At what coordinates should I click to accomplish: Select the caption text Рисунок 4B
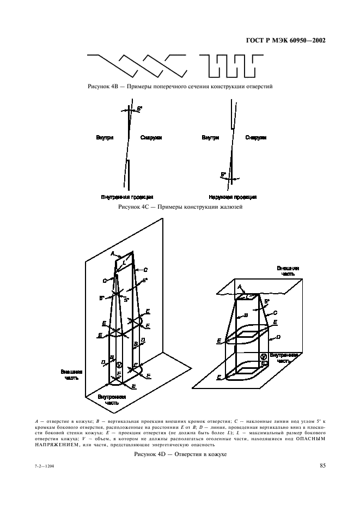pyautogui.click(x=180, y=87)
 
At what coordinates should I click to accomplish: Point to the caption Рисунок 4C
pyautogui.click(x=180, y=208)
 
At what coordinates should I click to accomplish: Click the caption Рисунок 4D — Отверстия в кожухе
pyautogui.click(x=180, y=454)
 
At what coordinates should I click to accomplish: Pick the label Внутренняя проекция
pyautogui.click(x=127, y=197)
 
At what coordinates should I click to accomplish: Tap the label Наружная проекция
pyautogui.click(x=233, y=197)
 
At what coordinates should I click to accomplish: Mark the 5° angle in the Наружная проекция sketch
pyautogui.click(x=223, y=175)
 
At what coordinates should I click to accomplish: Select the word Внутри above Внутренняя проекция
pyautogui.click(x=105, y=138)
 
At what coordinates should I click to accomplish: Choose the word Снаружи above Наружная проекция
pyautogui.click(x=255, y=138)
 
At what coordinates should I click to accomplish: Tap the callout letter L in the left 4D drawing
pyautogui.click(x=124, y=263)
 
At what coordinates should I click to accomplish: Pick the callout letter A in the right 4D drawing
pyautogui.click(x=239, y=287)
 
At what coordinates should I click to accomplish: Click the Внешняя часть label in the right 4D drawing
pyautogui.click(x=288, y=271)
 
